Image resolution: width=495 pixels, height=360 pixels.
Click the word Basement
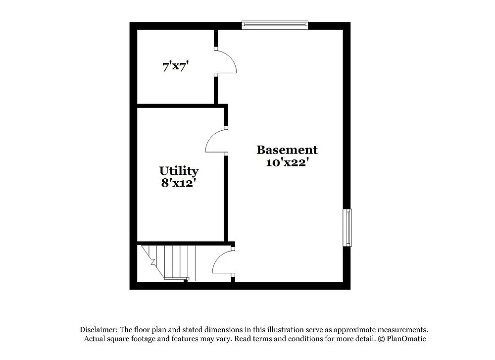click(x=287, y=150)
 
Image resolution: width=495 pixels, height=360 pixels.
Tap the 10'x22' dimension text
click(x=287, y=162)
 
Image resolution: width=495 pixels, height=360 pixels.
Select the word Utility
click(x=179, y=171)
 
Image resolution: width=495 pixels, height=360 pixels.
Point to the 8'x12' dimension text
click(x=179, y=183)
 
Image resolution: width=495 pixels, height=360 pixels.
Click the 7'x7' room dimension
click(x=177, y=66)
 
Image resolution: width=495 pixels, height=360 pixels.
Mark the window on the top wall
click(x=275, y=25)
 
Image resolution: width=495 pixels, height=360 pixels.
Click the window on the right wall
click(x=348, y=227)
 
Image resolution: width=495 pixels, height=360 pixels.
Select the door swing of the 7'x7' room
click(x=227, y=61)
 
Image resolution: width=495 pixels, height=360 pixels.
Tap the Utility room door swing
click(x=215, y=141)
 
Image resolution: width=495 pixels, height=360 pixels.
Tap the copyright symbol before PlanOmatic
click(x=381, y=339)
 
